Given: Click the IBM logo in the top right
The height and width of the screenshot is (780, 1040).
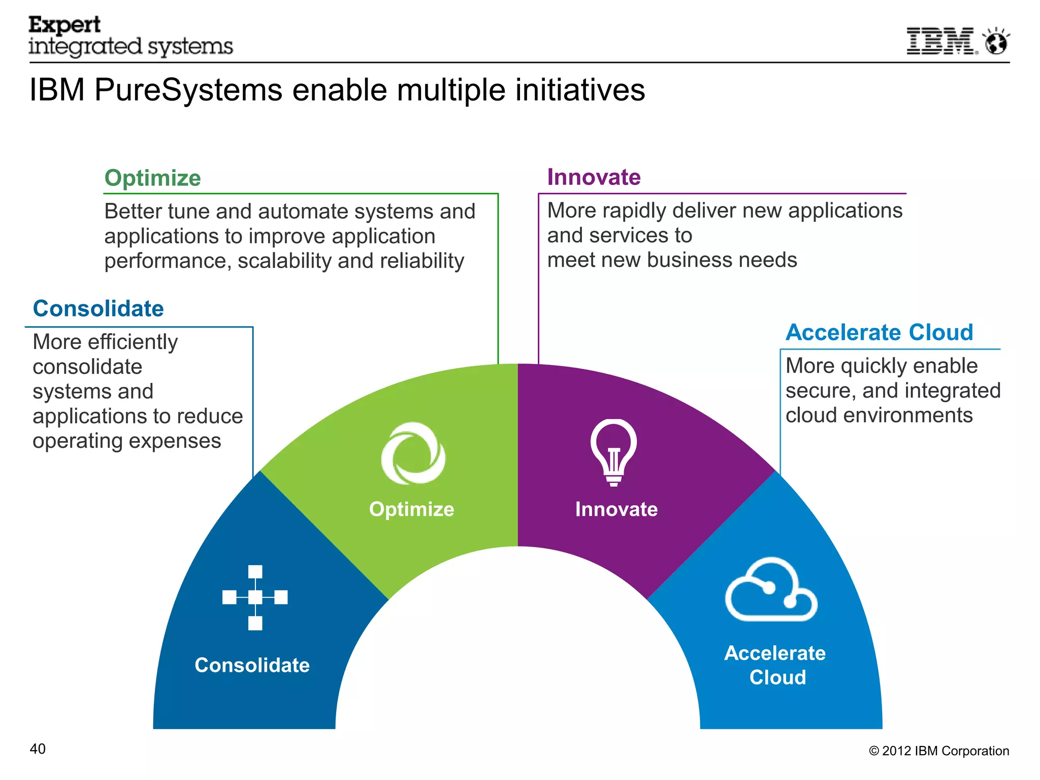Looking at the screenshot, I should point(940,41).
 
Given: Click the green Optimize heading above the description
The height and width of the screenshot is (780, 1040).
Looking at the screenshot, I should point(152,178).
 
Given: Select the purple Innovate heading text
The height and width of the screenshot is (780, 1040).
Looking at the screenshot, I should point(594,177).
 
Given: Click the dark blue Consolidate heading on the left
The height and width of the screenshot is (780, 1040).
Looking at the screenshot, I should point(98,308).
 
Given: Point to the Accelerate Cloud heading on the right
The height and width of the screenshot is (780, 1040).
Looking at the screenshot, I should point(879,332).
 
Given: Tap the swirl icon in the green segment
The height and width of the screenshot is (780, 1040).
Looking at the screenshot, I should point(413,453).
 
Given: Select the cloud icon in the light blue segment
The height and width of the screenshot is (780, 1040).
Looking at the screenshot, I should point(771,590).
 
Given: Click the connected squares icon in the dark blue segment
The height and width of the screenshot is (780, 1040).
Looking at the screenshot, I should point(255,597).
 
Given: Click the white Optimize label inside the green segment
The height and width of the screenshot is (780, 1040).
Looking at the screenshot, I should point(411,509).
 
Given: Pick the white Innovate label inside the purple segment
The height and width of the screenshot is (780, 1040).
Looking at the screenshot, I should point(616,509).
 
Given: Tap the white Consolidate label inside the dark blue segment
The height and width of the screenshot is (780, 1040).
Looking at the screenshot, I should point(252,665).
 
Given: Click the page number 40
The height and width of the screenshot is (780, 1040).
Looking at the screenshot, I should point(38,749).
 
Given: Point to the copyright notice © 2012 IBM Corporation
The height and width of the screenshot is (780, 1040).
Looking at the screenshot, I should point(938,751).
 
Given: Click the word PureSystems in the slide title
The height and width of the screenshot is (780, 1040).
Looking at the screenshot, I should point(188,90).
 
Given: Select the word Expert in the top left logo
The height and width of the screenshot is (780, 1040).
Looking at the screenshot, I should point(64,25).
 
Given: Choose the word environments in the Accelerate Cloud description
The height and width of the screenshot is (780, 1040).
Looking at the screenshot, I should point(907,415).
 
